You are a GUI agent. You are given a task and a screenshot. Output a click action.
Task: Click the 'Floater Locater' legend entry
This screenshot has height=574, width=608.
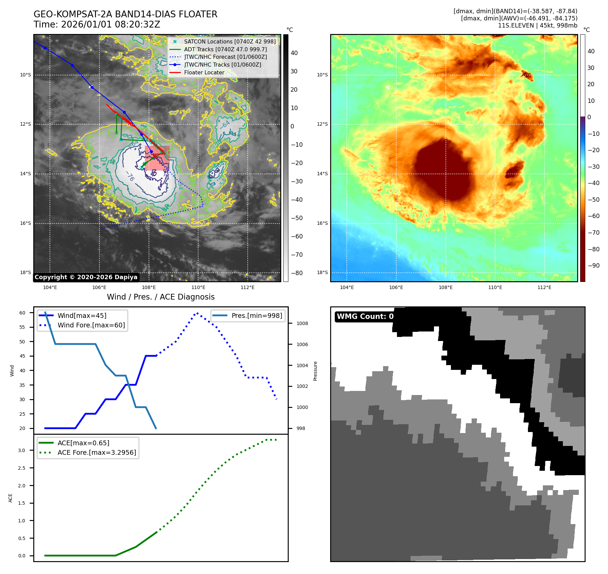[204, 73]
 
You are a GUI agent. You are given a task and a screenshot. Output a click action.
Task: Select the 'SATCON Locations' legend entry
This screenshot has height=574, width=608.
[230, 42]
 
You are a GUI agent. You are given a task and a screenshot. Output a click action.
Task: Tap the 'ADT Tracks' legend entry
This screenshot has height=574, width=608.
[225, 50]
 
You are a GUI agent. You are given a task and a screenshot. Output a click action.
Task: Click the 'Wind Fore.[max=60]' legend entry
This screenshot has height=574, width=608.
[91, 325]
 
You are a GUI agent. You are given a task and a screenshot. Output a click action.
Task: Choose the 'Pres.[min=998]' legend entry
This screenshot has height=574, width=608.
[256, 316]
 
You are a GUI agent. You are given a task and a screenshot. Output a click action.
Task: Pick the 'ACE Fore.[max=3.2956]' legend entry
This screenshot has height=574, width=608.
[97, 453]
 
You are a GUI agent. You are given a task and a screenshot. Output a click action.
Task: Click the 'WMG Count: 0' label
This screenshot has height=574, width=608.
[365, 317]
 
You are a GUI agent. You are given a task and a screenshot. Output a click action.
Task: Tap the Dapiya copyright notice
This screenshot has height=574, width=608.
[86, 277]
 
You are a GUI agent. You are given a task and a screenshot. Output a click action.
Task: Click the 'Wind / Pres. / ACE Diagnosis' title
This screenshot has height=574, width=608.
[161, 297]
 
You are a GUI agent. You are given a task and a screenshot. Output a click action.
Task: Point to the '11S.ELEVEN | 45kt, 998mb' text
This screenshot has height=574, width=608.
[537, 25]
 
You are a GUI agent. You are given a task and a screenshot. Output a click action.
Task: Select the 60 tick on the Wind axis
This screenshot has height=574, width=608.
[22, 313]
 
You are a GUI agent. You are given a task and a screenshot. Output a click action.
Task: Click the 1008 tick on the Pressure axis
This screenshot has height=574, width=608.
[302, 323]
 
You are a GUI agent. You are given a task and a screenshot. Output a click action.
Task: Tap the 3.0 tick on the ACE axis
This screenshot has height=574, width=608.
[22, 450]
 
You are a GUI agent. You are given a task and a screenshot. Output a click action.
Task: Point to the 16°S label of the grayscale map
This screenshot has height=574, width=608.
[25, 223]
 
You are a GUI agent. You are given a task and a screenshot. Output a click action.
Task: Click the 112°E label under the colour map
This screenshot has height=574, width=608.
[544, 288]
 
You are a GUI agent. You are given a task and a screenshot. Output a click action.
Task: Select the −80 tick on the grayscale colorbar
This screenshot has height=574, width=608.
[297, 273]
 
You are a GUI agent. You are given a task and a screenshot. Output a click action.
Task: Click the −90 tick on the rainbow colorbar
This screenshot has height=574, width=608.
[593, 266]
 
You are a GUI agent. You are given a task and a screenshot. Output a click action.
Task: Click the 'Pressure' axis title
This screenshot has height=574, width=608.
[316, 371]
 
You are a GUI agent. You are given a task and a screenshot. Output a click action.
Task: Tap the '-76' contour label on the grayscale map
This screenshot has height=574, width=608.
[130, 176]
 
